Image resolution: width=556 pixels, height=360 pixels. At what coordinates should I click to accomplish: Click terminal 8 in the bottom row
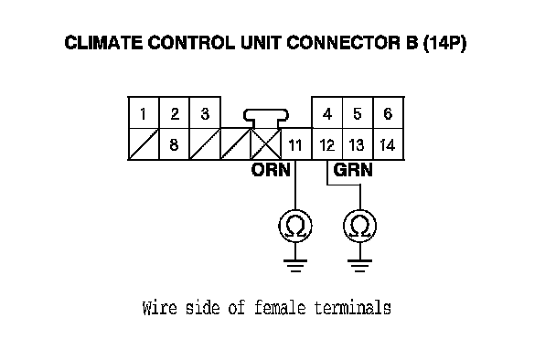[x=174, y=144]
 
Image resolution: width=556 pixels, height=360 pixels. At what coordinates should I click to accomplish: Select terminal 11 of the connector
[x=295, y=144]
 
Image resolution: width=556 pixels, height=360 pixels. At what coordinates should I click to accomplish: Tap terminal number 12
[x=327, y=144]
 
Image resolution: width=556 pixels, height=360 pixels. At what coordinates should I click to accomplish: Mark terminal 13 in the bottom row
[x=357, y=144]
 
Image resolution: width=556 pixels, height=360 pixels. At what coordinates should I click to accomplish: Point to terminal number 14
[x=388, y=144]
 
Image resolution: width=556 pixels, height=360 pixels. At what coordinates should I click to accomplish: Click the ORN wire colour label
[x=271, y=170]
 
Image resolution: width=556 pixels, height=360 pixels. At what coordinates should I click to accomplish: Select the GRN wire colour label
[x=353, y=170]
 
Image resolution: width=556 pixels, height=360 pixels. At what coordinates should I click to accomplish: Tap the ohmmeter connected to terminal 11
[x=295, y=226]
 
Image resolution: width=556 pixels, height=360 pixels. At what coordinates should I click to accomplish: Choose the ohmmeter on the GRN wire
[x=360, y=226]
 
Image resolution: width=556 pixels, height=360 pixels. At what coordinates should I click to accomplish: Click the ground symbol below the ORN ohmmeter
[x=295, y=266]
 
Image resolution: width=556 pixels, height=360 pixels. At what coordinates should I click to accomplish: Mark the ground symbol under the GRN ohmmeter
[x=360, y=266]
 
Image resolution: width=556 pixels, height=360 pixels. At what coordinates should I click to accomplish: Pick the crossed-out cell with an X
[x=266, y=144]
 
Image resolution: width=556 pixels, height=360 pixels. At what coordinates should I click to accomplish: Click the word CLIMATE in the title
[x=104, y=43]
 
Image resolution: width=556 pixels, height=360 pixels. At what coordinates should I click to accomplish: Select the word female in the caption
[x=280, y=307]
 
